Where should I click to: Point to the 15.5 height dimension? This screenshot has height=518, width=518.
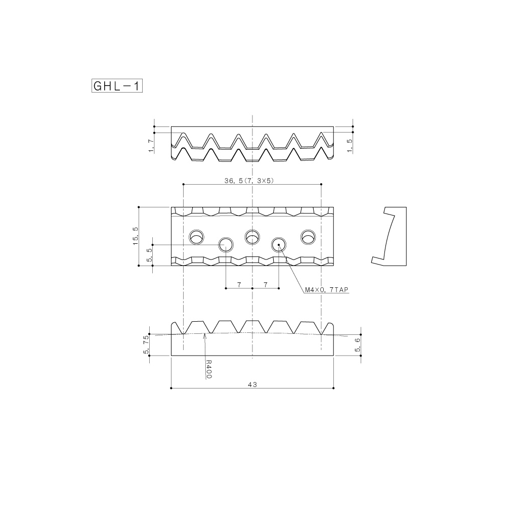point(135,236)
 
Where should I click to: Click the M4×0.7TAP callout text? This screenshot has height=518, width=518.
point(327,290)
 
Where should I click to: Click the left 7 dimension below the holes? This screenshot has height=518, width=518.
point(238,285)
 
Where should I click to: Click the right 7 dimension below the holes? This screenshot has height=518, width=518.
point(266,285)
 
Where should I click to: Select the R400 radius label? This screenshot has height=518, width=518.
point(208,369)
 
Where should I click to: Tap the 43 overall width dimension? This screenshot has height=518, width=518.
point(252,384)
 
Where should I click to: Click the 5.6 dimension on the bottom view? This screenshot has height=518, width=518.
point(358,347)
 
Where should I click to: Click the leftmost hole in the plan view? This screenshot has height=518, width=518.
point(196,236)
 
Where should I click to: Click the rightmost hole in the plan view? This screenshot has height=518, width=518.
point(308,236)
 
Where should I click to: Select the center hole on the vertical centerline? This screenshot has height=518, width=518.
point(252,236)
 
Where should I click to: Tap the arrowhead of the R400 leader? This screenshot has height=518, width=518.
point(204,334)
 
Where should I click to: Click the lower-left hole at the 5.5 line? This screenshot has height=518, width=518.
point(226,245)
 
